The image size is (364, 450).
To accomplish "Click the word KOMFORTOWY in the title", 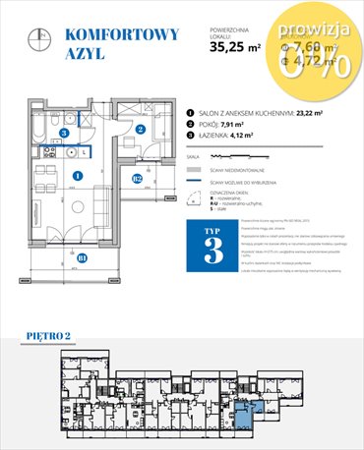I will point(121,35).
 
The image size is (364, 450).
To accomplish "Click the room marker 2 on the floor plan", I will point(141,128).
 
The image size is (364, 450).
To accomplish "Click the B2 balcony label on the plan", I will point(139,178).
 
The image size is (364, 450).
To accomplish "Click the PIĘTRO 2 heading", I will point(51,337).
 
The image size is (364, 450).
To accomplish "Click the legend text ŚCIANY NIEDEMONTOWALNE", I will point(248,168).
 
